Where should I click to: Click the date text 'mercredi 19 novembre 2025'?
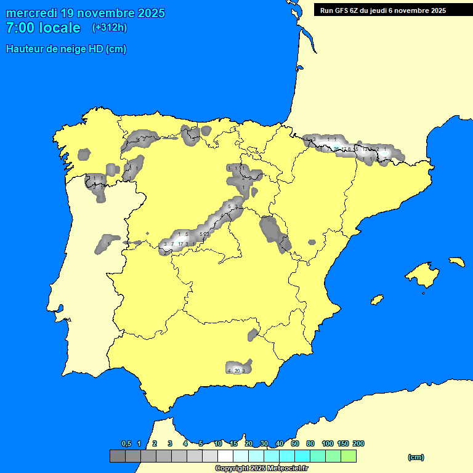click(85, 13)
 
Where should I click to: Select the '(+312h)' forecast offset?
click(109, 28)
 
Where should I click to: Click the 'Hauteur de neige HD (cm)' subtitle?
click(66, 49)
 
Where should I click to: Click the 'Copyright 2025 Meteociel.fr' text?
click(261, 468)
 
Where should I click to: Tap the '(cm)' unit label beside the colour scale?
click(416, 457)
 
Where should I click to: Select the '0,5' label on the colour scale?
click(126, 443)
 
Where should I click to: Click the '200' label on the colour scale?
click(358, 443)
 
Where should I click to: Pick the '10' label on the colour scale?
click(218, 443)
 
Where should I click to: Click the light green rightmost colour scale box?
click(349, 456)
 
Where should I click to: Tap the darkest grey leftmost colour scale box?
click(118, 456)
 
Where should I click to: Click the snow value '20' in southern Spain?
click(237, 370)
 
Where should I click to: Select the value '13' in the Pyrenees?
click(365, 149)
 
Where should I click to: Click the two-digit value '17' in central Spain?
click(180, 245)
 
